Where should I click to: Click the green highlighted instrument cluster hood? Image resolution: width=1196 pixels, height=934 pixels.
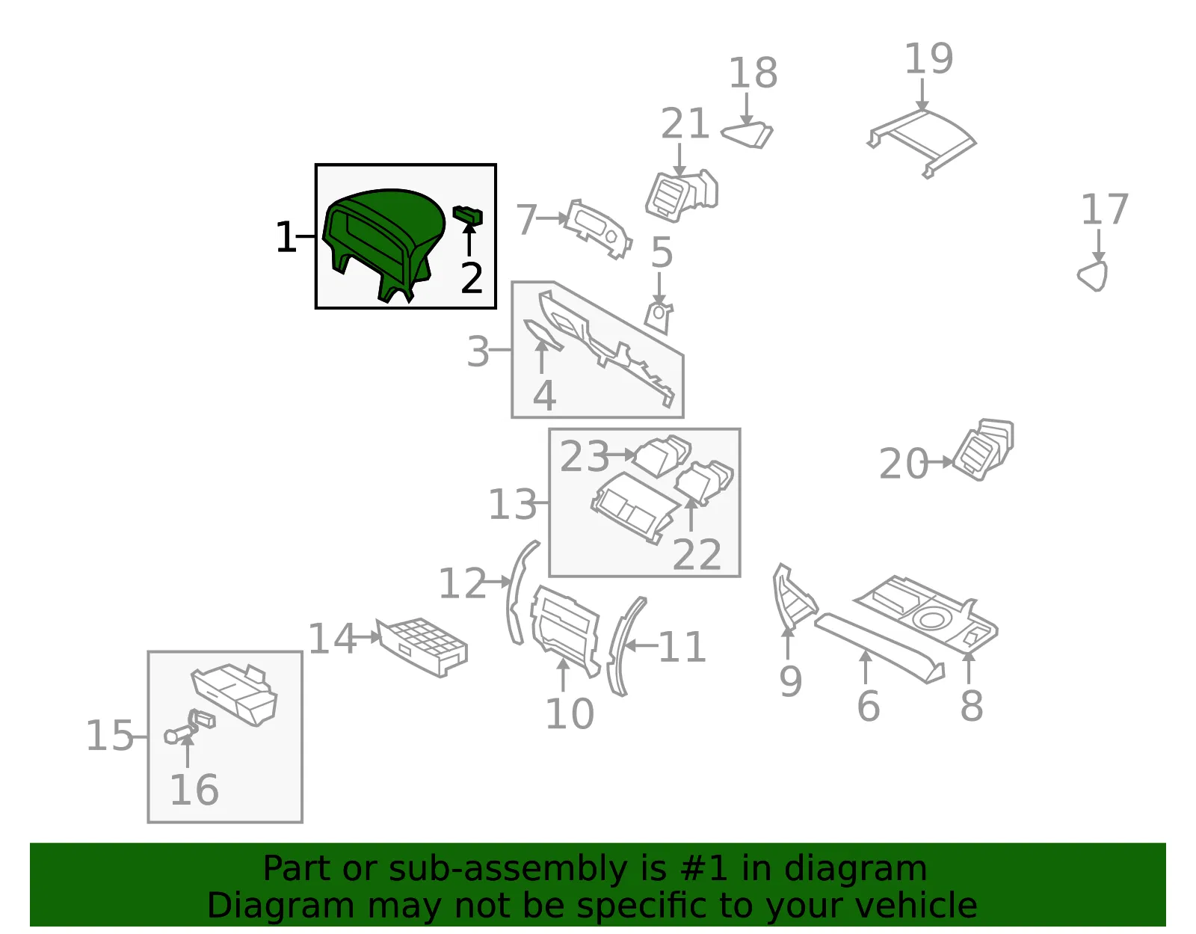[385, 236]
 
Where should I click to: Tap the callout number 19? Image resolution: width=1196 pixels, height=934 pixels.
[929, 58]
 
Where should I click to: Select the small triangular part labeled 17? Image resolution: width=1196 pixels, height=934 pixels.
[1093, 275]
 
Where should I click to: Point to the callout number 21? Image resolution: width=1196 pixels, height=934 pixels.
[685, 123]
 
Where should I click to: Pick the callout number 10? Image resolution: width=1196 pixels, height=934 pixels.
[570, 714]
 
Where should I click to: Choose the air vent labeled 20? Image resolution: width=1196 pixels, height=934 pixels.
[984, 449]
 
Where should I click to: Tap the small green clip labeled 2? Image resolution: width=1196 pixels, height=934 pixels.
[468, 215]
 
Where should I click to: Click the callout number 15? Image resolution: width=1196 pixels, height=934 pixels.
[110, 735]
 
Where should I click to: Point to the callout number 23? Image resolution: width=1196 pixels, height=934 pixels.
[585, 456]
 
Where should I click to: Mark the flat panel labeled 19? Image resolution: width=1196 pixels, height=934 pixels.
[922, 142]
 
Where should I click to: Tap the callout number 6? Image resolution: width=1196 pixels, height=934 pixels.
[869, 706]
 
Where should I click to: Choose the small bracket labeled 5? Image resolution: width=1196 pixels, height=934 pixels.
[659, 318]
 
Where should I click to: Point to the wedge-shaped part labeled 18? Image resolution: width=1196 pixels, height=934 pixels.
[747, 135]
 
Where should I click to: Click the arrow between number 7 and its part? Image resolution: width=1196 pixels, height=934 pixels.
[552, 218]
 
